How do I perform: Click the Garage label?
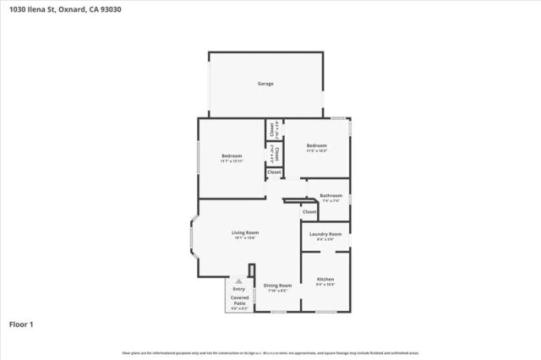coord(265,84)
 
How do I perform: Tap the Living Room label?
coord(246,232)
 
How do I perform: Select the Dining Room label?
coord(278,286)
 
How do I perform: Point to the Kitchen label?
coord(325,279)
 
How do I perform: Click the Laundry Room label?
coord(325,233)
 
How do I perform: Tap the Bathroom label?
coord(331,195)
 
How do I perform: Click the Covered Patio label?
coord(240,300)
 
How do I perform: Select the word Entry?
coord(239,289)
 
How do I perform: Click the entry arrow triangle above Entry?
coord(239,281)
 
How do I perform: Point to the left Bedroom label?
coord(232,155)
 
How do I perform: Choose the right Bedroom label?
coord(316,145)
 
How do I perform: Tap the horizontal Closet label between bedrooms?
coord(274,172)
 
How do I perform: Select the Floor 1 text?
coord(22,324)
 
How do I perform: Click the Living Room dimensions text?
coord(246,238)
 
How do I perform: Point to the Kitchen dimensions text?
coord(325,285)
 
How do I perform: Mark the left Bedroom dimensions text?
coord(232,161)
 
